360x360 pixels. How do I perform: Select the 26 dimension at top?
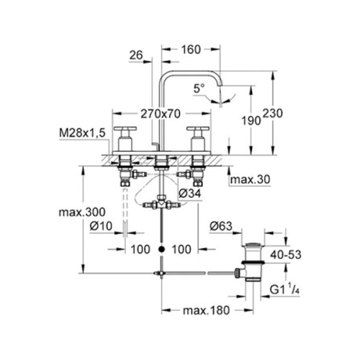click(x=137, y=55)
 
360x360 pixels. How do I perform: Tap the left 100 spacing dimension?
click(x=140, y=248)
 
